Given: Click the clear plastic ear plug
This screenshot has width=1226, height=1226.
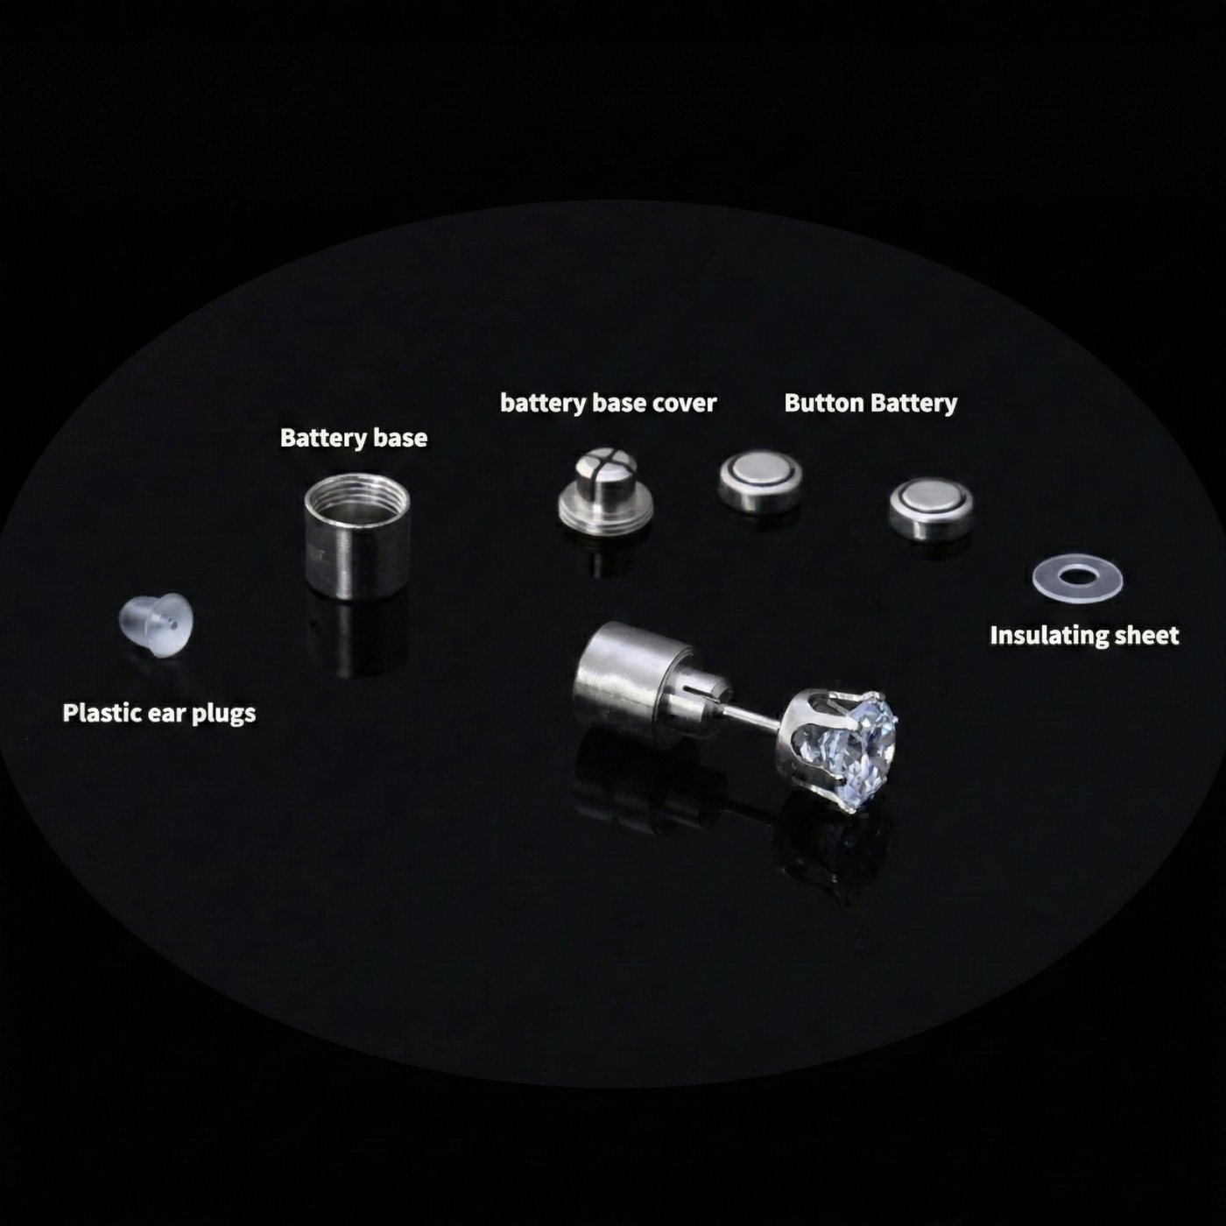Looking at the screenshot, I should [156, 625].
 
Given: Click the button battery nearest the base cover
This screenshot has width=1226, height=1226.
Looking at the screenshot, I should [760, 481].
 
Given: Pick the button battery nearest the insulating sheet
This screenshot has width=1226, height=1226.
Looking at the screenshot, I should [931, 507].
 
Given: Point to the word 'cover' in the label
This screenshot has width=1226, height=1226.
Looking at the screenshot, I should [687, 403].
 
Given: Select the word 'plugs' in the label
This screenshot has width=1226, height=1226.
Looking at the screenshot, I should [223, 715].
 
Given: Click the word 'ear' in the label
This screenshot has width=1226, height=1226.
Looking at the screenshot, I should [166, 715].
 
